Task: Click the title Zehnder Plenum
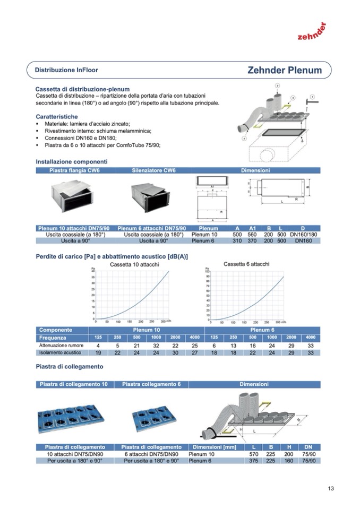(284, 70)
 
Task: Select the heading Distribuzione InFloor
(66, 70)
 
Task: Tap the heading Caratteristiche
(57, 116)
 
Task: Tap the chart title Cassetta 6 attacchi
(246, 264)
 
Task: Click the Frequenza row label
(53, 338)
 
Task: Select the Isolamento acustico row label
(59, 352)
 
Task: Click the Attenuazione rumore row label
(59, 345)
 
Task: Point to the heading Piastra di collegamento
(69, 366)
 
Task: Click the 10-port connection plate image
(72, 415)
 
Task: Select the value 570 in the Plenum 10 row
(254, 454)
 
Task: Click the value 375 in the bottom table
(254, 460)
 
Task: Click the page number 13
(331, 489)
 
